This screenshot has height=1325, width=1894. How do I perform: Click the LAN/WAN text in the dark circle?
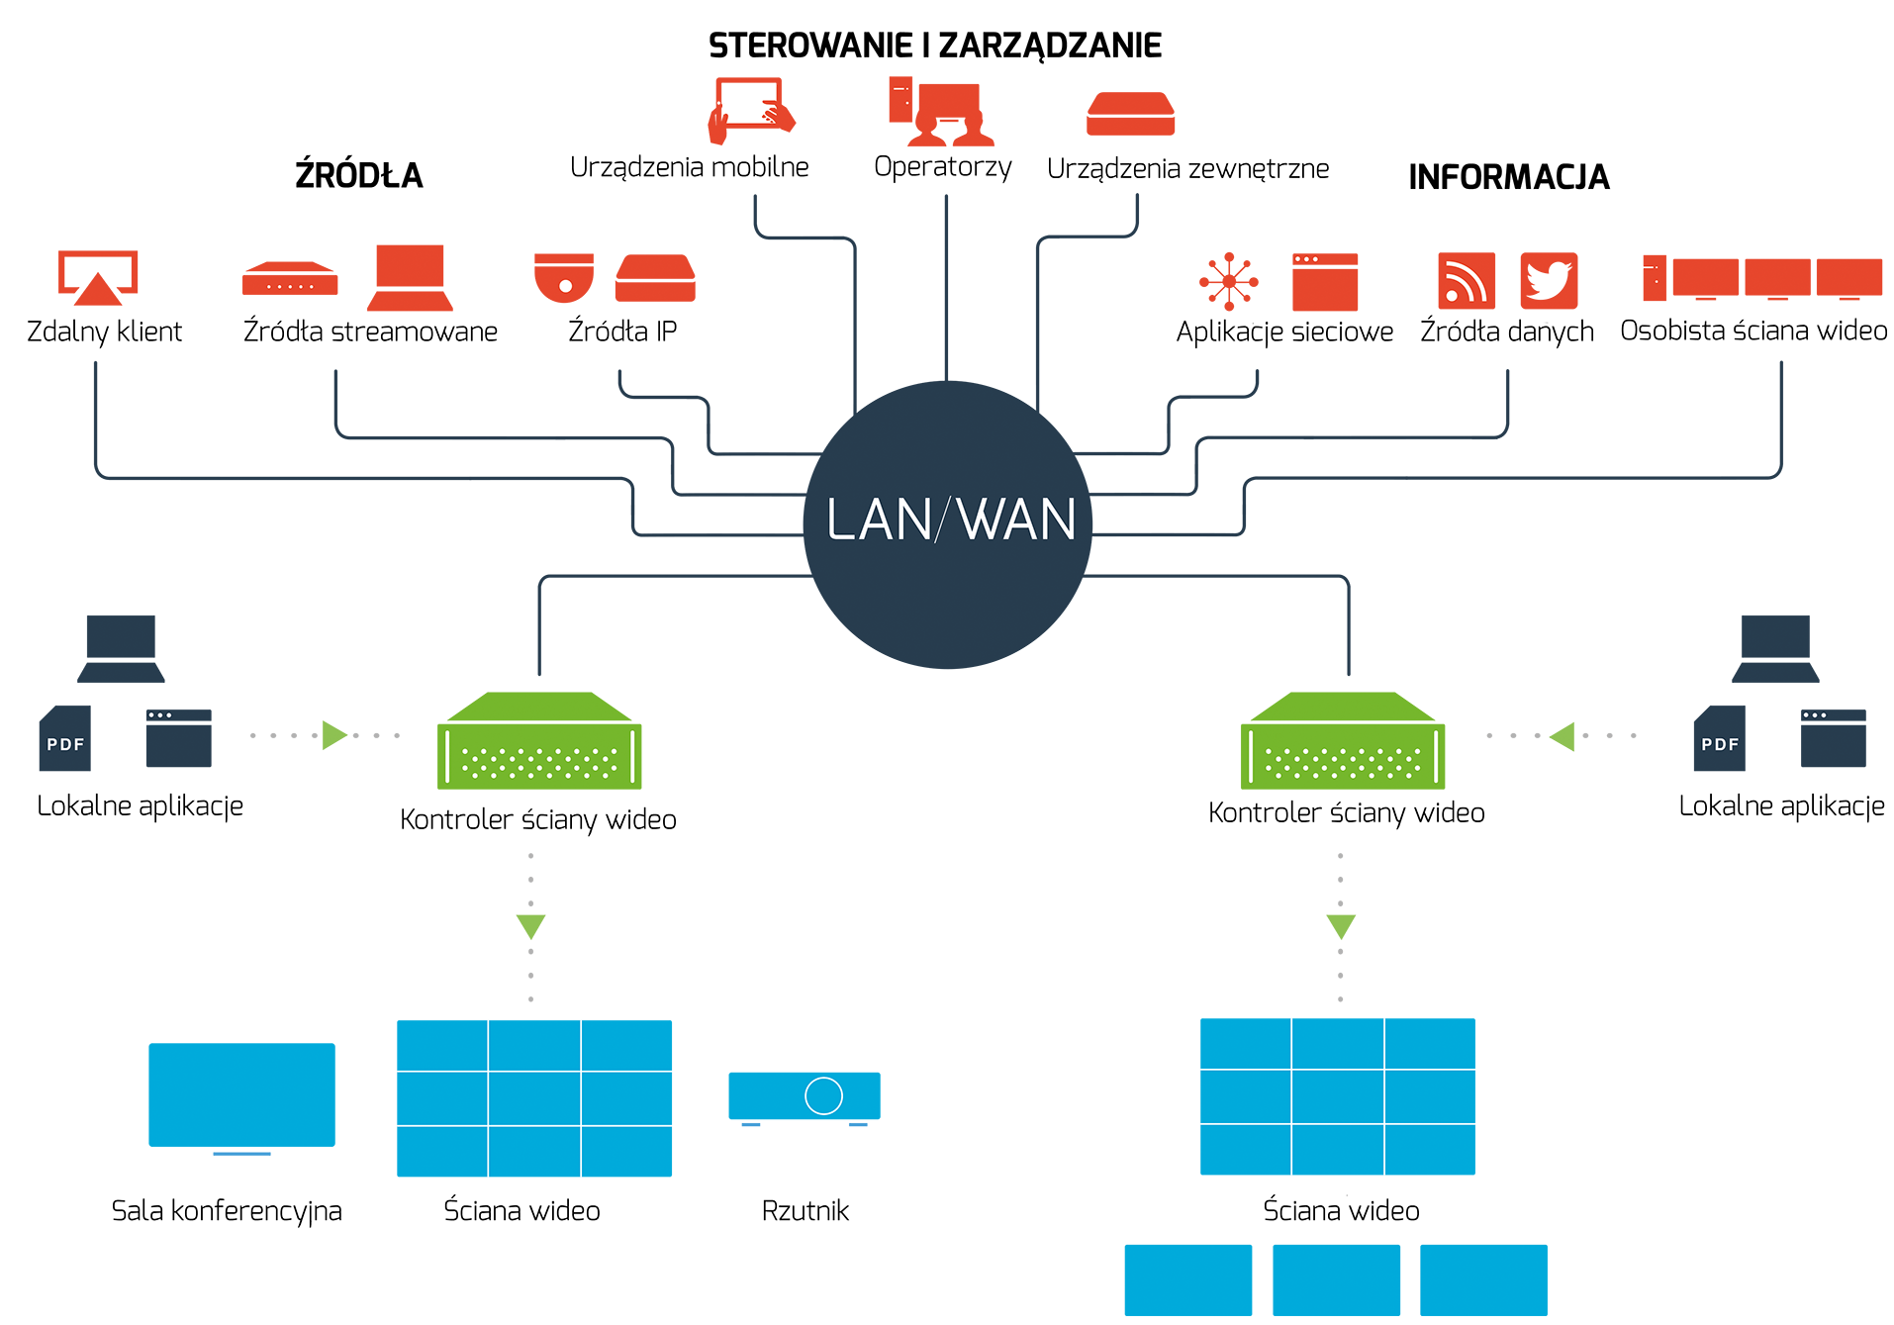(950, 520)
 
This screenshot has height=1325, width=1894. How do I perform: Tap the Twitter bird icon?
(1549, 281)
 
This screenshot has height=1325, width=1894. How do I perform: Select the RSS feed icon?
(1466, 281)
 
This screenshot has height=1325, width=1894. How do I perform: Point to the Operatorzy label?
(942, 167)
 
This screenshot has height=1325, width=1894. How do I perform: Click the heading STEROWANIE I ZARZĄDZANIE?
(935, 46)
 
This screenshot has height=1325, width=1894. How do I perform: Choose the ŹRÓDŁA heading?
(359, 175)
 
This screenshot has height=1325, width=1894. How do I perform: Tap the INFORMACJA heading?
(1509, 177)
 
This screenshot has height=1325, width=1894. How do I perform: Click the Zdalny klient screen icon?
(97, 278)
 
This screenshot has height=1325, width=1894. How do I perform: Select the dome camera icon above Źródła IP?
(564, 278)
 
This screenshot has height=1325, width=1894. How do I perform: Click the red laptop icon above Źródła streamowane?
(410, 278)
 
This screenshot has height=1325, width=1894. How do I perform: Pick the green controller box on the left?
(539, 740)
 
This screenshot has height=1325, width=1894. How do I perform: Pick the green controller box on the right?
(1343, 740)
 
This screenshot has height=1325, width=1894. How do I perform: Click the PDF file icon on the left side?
(65, 738)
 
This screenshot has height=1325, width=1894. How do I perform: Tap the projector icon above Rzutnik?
(805, 1098)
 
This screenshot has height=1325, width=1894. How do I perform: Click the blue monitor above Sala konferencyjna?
(241, 1098)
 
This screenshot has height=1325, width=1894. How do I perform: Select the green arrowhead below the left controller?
(531, 926)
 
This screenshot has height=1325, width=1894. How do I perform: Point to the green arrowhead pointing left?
(1562, 736)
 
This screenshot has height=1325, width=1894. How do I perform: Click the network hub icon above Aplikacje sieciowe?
(1229, 281)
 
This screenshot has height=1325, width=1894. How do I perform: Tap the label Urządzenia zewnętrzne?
(1187, 169)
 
